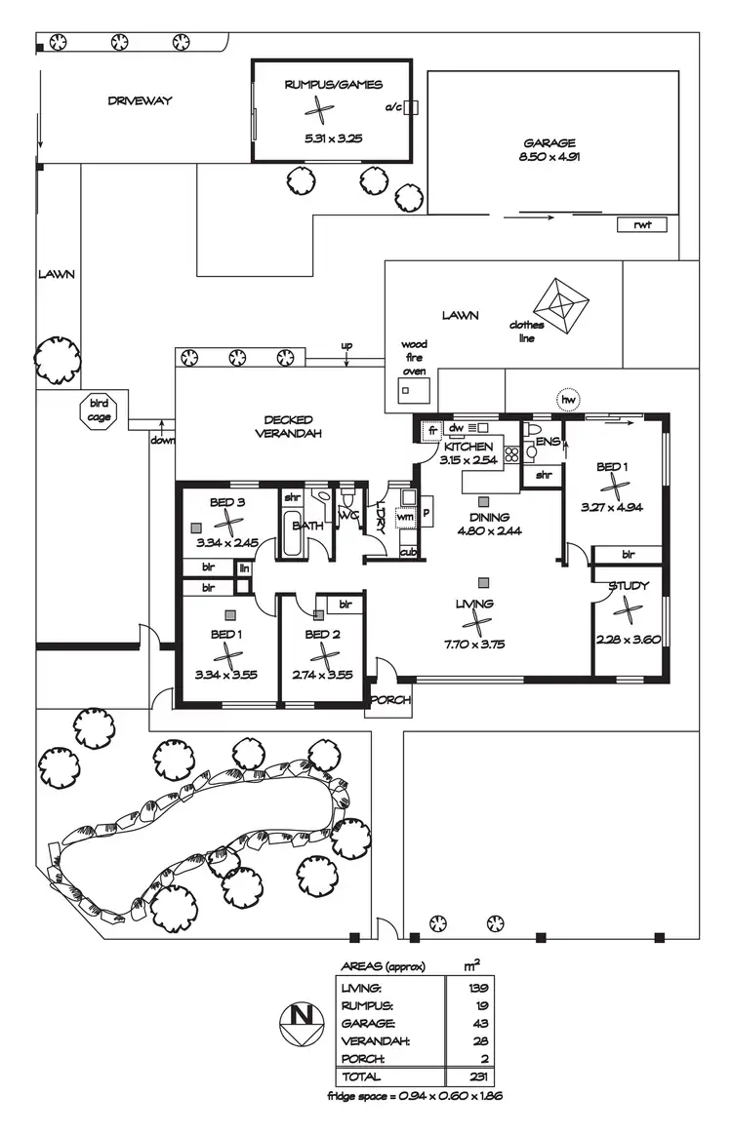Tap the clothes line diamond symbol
point(563,305)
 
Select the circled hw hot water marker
point(567,399)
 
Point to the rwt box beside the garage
point(642,224)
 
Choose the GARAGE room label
point(548,142)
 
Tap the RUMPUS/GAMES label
point(333,86)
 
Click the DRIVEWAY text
point(140,100)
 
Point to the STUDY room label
point(629,586)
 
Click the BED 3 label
point(226,503)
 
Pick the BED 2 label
point(322,635)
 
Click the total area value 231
point(479,1076)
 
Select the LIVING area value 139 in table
point(479,988)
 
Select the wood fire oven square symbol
point(406,390)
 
